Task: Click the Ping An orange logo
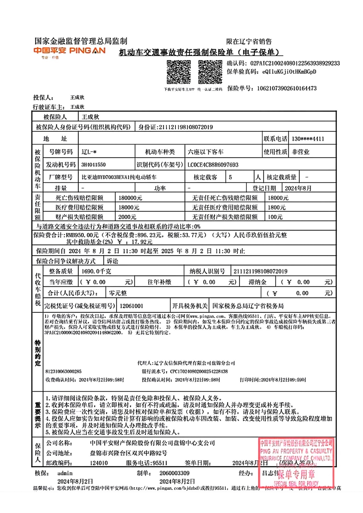tap(69, 51)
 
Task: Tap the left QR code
tap(179, 72)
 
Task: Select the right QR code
tap(210, 72)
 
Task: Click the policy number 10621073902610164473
tap(287, 89)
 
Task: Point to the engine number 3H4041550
tap(94, 165)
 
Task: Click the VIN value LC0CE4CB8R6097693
tap(213, 165)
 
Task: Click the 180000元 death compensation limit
tap(130, 198)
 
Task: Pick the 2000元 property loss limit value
tap(127, 217)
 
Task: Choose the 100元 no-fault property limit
tap(275, 217)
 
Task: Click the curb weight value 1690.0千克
tap(96, 271)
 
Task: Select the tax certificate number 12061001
tap(131, 306)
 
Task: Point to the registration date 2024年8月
tap(298, 188)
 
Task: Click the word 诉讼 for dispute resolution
tap(112, 261)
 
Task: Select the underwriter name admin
tap(65, 473)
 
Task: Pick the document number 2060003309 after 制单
tap(174, 473)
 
